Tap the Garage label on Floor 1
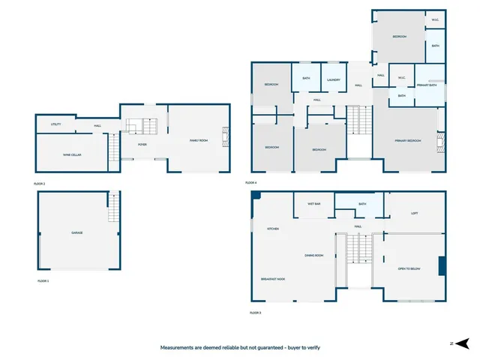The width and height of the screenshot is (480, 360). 76,233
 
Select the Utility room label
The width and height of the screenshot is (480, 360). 56,124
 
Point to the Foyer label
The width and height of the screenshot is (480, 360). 142,145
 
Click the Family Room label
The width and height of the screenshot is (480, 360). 199,140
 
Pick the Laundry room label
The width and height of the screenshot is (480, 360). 334,79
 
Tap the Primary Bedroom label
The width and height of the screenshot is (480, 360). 408,141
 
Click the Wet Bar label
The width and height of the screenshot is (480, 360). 313,204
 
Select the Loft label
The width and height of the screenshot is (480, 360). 414,213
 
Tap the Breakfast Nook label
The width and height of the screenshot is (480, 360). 273,279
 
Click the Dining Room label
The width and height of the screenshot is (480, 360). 313,256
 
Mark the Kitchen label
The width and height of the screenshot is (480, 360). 273,229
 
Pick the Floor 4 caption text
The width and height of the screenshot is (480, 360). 251,183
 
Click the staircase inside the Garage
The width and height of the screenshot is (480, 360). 114,207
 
